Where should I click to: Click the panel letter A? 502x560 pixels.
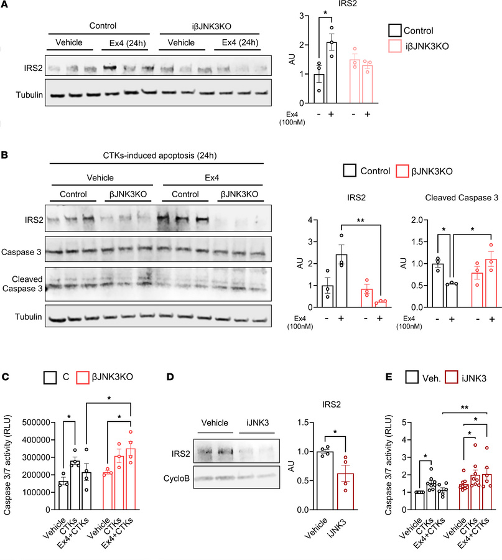tap(5, 6)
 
